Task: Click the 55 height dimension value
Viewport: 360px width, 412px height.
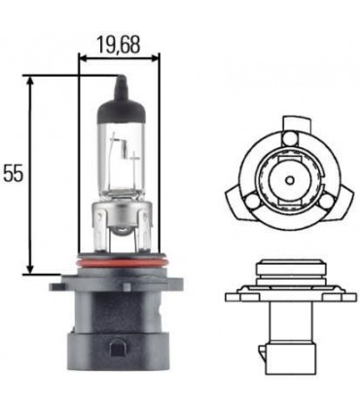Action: pos(13,173)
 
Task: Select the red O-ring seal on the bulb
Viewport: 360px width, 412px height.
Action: pos(122,260)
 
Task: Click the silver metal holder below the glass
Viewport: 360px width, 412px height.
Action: pos(122,224)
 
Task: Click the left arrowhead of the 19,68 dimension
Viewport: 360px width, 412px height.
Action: pos(84,58)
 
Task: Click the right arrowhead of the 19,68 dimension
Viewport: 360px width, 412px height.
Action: pos(155,58)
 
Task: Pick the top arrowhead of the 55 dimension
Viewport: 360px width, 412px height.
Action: pos(30,82)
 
